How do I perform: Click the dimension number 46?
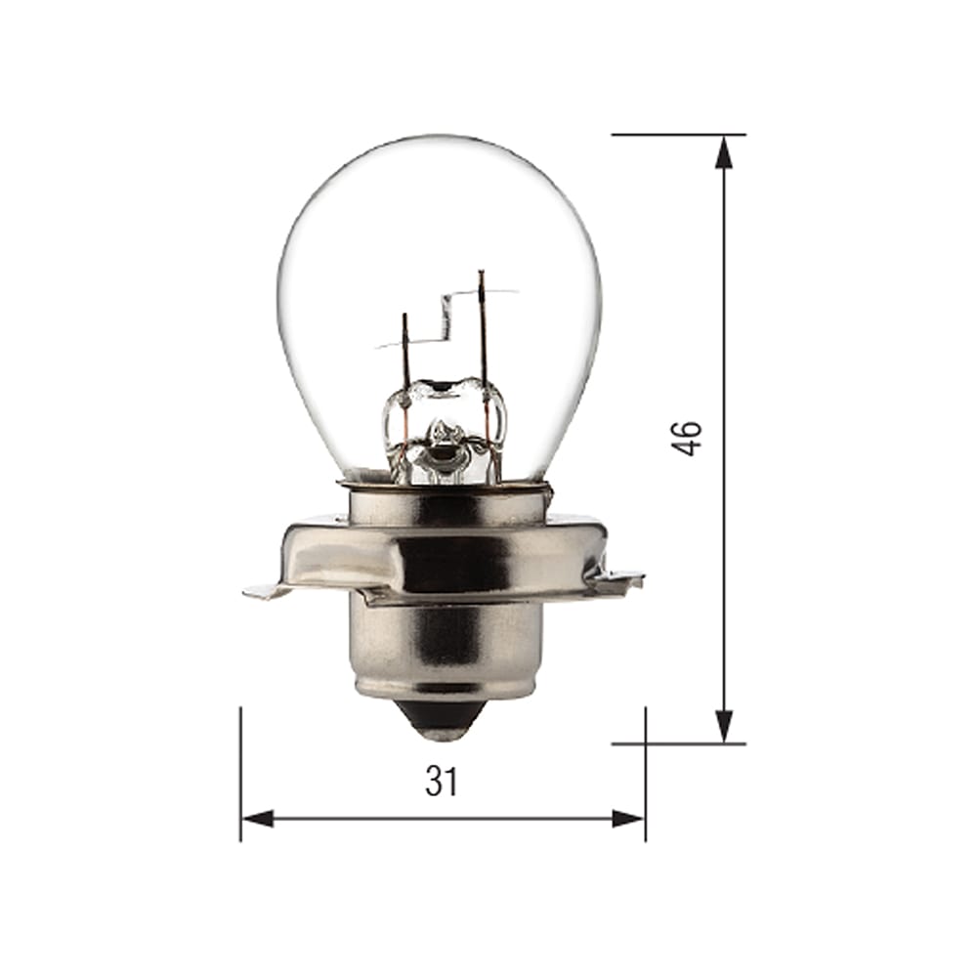(x=688, y=438)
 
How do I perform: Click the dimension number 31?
(x=441, y=782)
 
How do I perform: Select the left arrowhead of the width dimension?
(x=256, y=819)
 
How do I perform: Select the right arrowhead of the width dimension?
(x=629, y=819)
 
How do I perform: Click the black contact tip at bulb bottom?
(x=442, y=722)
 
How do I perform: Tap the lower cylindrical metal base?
(x=442, y=650)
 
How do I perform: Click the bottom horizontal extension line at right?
(x=678, y=743)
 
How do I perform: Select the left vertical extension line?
(x=240, y=772)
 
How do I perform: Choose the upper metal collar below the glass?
(x=445, y=503)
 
